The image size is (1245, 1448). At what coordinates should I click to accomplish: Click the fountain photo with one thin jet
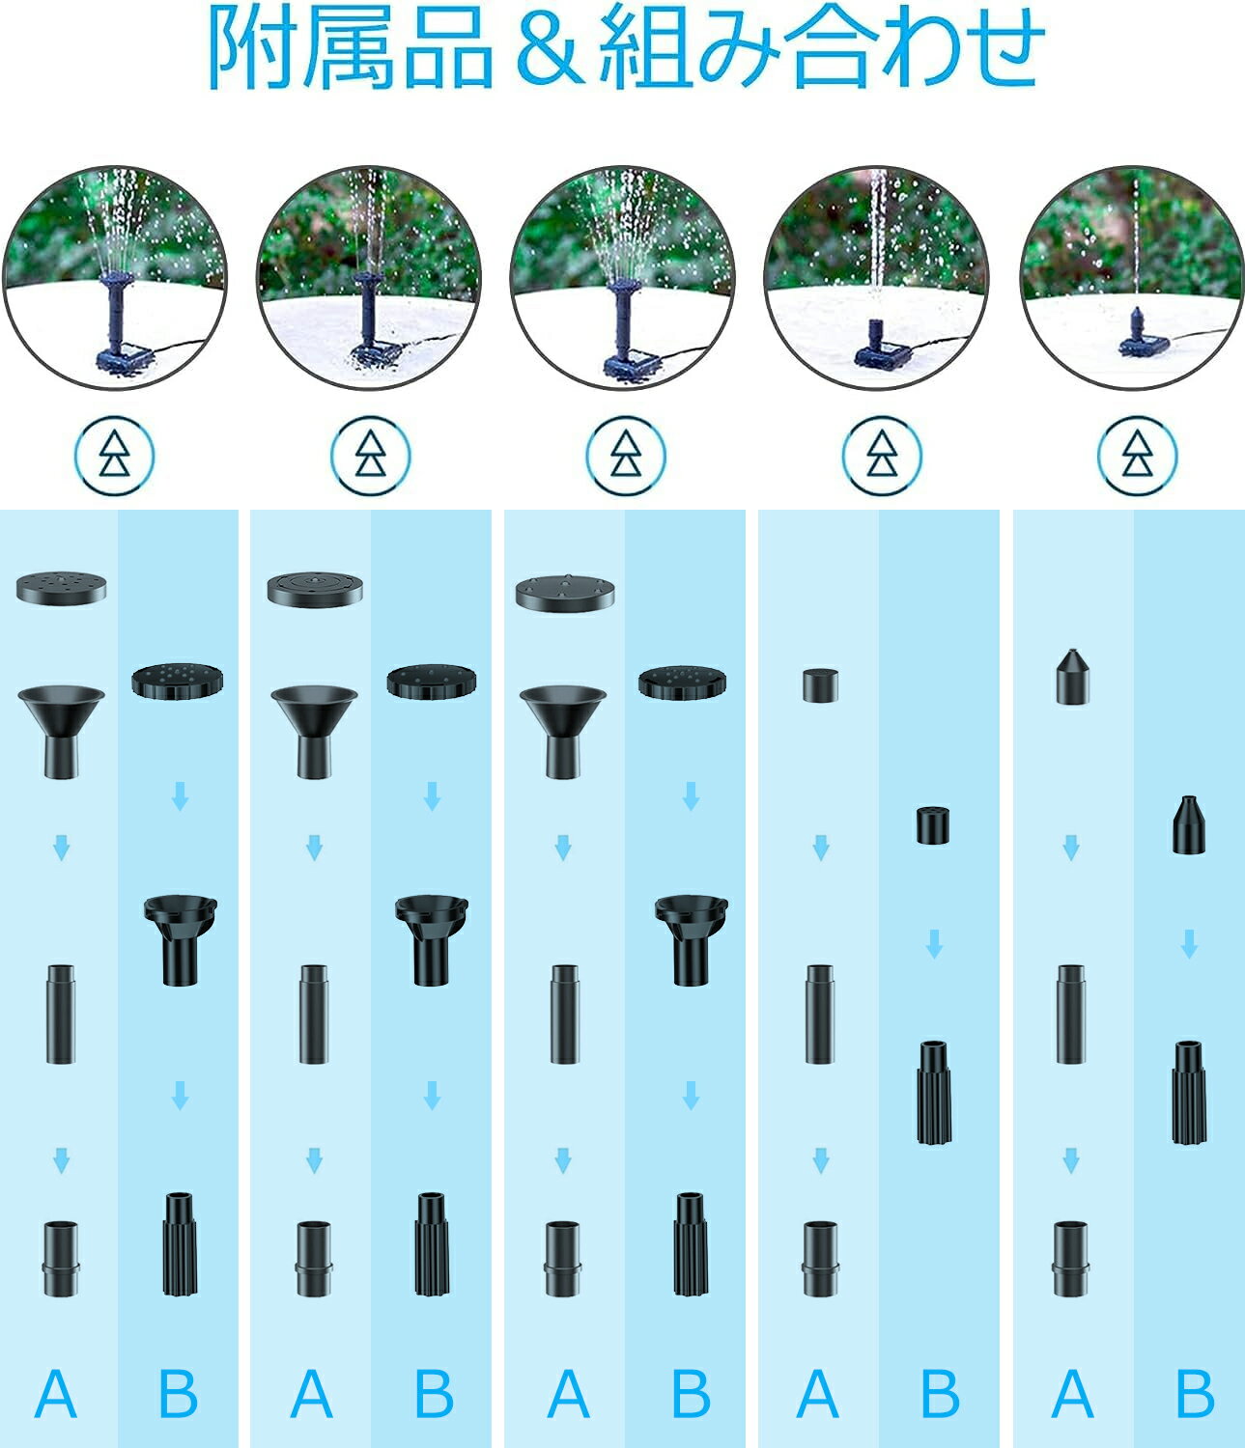click(1132, 277)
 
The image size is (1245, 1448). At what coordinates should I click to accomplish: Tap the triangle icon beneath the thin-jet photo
click(1137, 456)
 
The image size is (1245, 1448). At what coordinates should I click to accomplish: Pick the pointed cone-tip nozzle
click(1072, 676)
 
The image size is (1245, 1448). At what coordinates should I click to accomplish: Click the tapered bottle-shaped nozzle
click(1189, 824)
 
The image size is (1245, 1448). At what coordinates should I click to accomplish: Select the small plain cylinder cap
click(820, 685)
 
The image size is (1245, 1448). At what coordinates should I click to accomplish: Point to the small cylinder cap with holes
click(933, 825)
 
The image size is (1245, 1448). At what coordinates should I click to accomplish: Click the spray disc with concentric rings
click(315, 589)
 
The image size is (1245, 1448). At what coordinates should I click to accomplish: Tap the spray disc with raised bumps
click(565, 594)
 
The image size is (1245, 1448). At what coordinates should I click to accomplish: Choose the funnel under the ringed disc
click(314, 732)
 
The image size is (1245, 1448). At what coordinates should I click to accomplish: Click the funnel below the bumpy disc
click(563, 732)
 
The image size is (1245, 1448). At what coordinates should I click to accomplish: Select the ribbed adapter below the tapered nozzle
click(1189, 1093)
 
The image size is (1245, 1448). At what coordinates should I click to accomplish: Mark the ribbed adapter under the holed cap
click(934, 1093)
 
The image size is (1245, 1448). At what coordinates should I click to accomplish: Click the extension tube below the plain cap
click(819, 1015)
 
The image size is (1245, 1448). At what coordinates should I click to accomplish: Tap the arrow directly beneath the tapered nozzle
click(1189, 944)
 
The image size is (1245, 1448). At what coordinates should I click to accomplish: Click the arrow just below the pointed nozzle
click(1071, 848)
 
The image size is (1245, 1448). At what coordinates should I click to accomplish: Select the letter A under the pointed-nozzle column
click(1072, 1394)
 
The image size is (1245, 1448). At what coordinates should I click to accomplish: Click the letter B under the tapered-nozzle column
click(1195, 1394)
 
